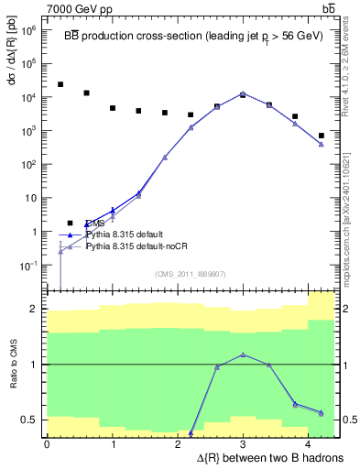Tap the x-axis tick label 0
(47, 443)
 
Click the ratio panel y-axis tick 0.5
(29, 420)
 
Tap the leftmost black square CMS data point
(60, 84)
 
